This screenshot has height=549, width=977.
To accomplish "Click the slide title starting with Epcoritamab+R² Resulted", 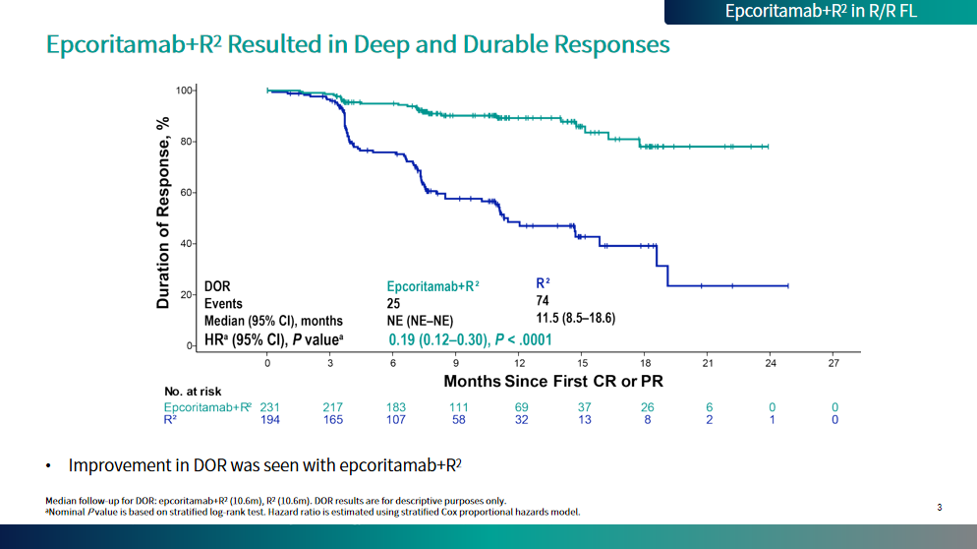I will coord(359,45).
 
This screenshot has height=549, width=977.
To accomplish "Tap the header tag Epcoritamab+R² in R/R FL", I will coord(821,12).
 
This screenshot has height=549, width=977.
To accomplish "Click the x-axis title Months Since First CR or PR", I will coord(553,381).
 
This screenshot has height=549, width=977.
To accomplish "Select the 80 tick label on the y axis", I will coord(185,142).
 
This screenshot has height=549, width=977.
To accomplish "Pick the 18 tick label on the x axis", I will coord(645,363).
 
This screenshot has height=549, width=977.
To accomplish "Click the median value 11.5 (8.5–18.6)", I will coord(575,318).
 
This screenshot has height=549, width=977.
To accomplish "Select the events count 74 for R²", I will coord(543,301).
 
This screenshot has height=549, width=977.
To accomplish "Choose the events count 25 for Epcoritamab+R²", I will coord(394,303).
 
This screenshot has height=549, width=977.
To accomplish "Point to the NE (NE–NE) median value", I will coord(421,321).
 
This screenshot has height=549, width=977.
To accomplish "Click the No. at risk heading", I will coord(194,392).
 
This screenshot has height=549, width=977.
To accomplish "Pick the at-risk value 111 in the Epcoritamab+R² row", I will coord(458,407).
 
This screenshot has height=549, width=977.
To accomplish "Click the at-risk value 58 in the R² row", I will coord(458,420).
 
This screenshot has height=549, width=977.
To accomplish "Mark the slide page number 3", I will coord(939,508).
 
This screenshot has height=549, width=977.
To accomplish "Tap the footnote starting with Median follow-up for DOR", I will coord(275,500).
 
